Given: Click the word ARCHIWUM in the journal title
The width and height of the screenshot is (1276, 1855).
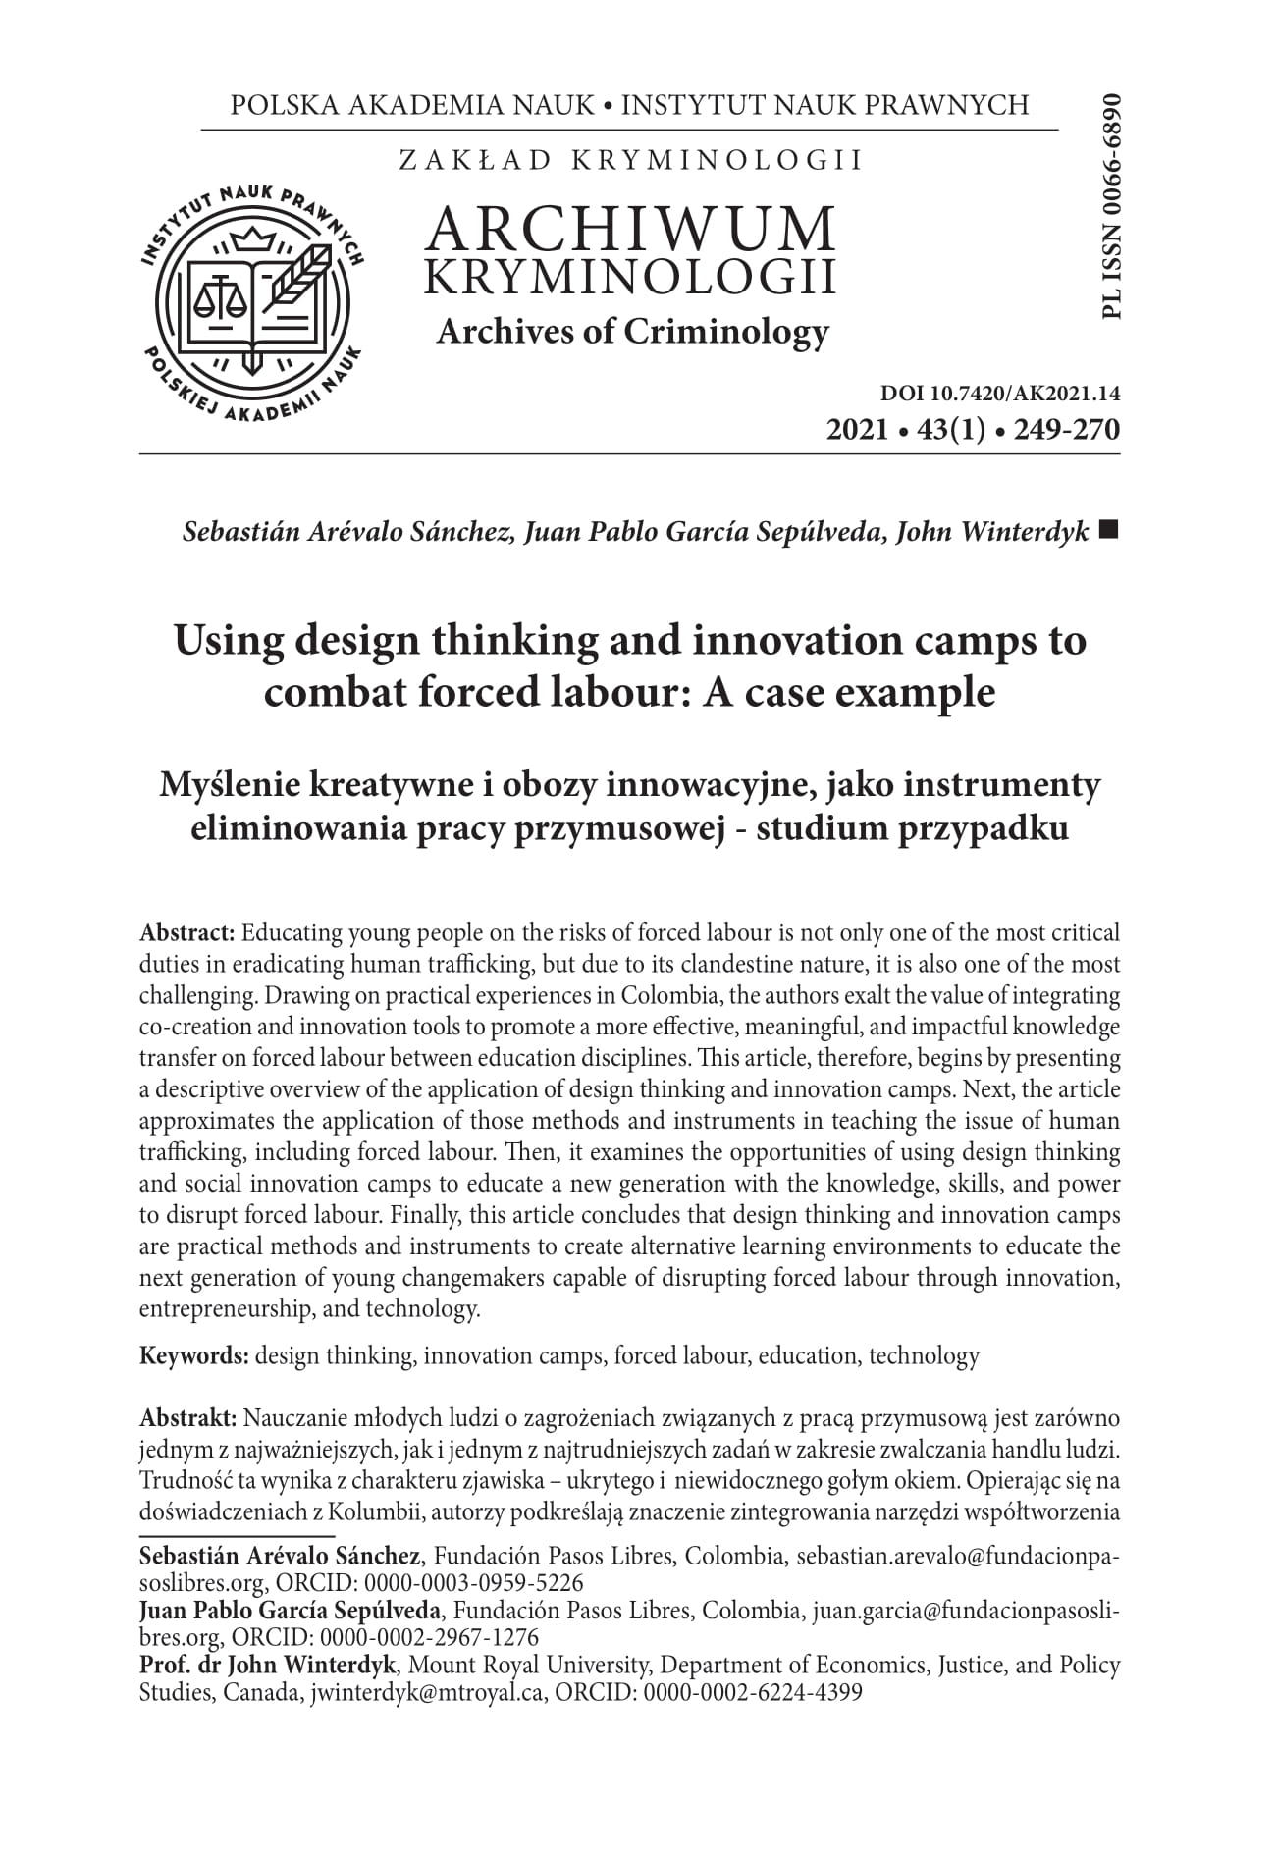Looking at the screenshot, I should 631,228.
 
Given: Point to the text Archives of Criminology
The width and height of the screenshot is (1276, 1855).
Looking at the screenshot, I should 632,332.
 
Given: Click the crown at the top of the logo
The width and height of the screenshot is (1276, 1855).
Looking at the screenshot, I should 254,238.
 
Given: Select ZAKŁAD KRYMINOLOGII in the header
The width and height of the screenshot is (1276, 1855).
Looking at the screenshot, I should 630,160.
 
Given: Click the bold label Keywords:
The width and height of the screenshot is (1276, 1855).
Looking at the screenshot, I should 194,1356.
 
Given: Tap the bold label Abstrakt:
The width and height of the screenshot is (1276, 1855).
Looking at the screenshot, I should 188,1418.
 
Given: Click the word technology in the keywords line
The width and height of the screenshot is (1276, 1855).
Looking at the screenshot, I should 924,1356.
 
